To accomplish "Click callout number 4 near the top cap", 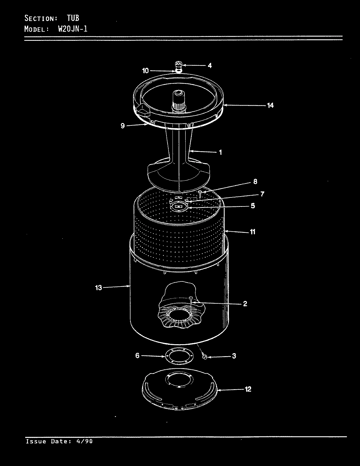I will tap(210, 65).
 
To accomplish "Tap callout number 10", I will tap(145, 71).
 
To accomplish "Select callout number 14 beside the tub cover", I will tap(270, 105).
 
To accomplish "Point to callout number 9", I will tap(123, 126).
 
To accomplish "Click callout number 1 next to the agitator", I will tap(220, 152).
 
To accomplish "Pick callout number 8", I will tap(255, 182).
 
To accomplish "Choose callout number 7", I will tap(262, 194).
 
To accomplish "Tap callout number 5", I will tap(253, 206).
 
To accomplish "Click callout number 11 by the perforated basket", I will tap(253, 232).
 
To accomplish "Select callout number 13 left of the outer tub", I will tap(99, 288).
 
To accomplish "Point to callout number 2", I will tap(245, 304).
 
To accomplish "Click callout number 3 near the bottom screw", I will tap(234, 356).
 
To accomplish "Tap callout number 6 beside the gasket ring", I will tap(137, 356).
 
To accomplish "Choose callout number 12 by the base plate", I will tap(248, 389).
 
